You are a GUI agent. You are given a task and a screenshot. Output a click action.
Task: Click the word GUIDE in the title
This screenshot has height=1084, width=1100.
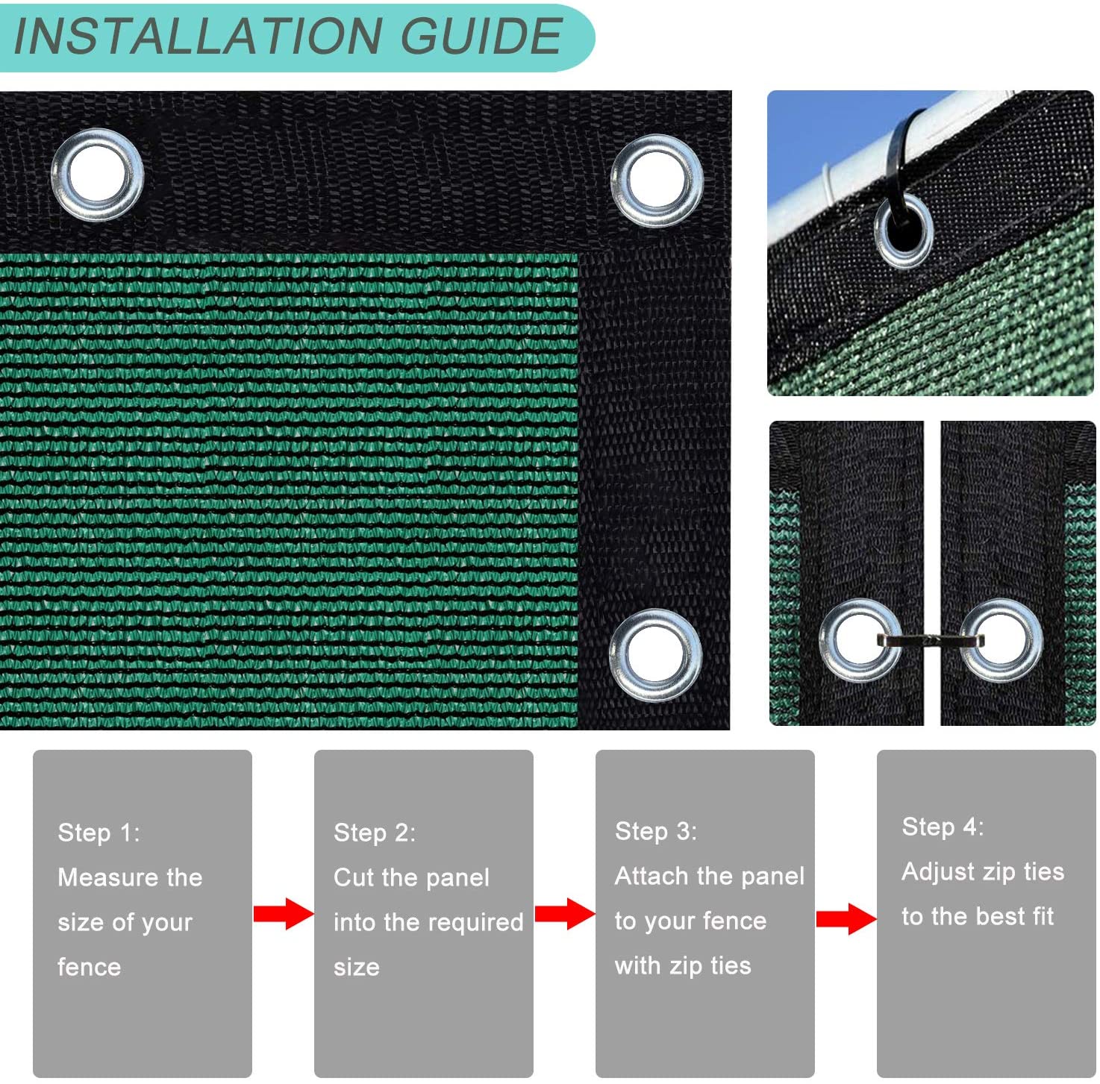(x=481, y=36)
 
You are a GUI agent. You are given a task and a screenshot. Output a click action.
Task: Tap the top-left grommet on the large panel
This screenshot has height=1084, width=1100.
(x=97, y=175)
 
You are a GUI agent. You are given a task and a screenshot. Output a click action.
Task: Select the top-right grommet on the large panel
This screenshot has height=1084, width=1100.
(x=657, y=181)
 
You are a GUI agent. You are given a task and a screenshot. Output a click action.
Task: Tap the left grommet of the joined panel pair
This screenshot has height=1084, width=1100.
(x=860, y=640)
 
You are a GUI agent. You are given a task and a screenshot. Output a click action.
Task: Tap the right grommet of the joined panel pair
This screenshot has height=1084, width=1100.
(x=1001, y=639)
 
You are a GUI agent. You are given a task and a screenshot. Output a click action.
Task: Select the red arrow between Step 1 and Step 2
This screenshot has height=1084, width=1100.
(x=283, y=914)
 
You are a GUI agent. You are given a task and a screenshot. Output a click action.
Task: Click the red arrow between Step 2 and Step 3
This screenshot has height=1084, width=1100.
(x=564, y=914)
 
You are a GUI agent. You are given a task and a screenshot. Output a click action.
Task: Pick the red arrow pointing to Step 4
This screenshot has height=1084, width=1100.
(x=846, y=919)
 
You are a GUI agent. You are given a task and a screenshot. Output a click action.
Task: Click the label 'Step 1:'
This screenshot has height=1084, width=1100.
(x=99, y=833)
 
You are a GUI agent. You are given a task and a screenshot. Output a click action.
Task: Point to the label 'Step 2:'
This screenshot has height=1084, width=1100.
(x=375, y=833)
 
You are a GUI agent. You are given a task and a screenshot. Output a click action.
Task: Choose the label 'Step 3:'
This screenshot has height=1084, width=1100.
(x=655, y=831)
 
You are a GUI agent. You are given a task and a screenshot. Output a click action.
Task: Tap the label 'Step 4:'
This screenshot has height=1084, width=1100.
(x=943, y=827)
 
